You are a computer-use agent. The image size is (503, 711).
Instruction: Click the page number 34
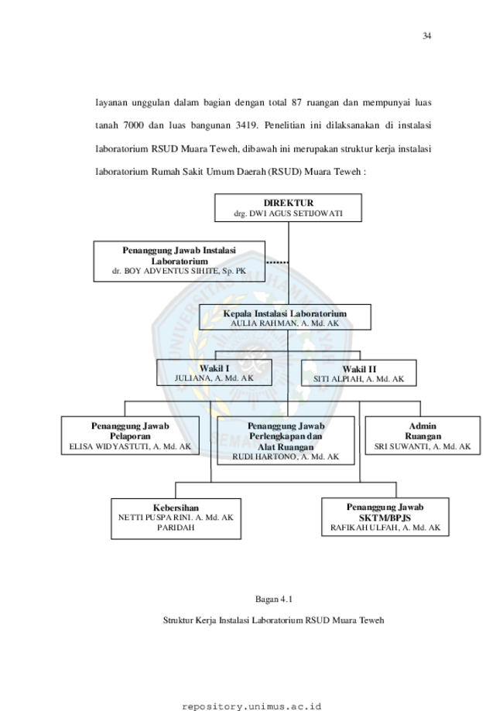point(426,36)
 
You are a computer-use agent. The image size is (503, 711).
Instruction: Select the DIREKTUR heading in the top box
point(289,203)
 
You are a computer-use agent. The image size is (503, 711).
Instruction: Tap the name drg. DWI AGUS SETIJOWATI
point(289,213)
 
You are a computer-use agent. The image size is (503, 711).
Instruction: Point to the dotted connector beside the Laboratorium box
point(277,262)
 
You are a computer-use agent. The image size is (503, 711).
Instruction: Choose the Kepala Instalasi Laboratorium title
point(285,313)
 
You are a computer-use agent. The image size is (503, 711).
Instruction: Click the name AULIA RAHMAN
point(264,323)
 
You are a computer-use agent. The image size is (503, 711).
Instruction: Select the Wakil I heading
point(214,368)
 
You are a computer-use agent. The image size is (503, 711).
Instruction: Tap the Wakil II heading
point(359,369)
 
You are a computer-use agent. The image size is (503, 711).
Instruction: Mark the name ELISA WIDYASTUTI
point(109,446)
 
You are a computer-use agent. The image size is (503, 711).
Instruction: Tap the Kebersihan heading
point(176,508)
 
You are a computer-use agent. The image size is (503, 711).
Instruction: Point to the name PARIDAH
point(176,528)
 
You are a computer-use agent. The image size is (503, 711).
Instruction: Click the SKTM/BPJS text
point(385,518)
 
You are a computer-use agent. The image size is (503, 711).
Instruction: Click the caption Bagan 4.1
point(274,599)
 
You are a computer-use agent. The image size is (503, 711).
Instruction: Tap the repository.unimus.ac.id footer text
point(251,706)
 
